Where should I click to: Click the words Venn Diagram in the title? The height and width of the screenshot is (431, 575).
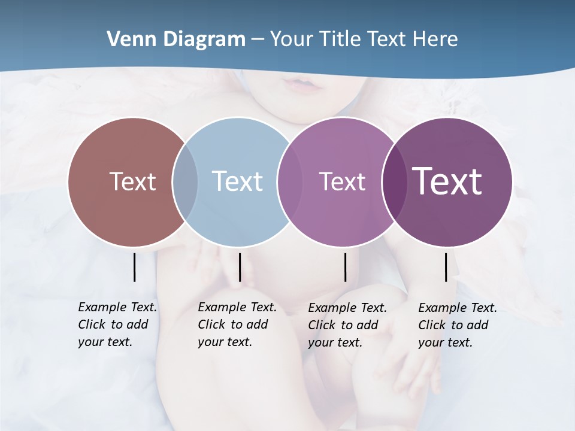(176, 40)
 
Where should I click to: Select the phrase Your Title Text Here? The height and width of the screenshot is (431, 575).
(364, 40)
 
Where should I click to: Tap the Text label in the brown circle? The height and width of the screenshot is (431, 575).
(132, 181)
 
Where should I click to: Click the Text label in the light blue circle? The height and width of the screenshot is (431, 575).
(237, 181)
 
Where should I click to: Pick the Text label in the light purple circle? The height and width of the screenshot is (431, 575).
(342, 181)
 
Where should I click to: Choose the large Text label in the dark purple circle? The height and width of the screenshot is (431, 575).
(447, 181)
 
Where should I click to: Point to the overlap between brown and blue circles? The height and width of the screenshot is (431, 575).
(185, 182)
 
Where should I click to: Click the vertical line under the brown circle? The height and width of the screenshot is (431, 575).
(134, 267)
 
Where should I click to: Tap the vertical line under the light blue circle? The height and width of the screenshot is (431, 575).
(240, 267)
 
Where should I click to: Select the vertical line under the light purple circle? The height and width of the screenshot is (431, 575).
(345, 267)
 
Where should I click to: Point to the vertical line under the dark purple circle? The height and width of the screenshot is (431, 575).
(446, 267)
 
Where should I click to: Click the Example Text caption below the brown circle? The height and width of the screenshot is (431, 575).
(117, 324)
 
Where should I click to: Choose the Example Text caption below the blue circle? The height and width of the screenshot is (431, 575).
(237, 324)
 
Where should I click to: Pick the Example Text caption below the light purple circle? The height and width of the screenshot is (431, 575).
(347, 325)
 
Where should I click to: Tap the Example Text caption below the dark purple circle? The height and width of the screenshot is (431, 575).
(457, 325)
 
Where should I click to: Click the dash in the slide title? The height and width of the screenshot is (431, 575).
(258, 40)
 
